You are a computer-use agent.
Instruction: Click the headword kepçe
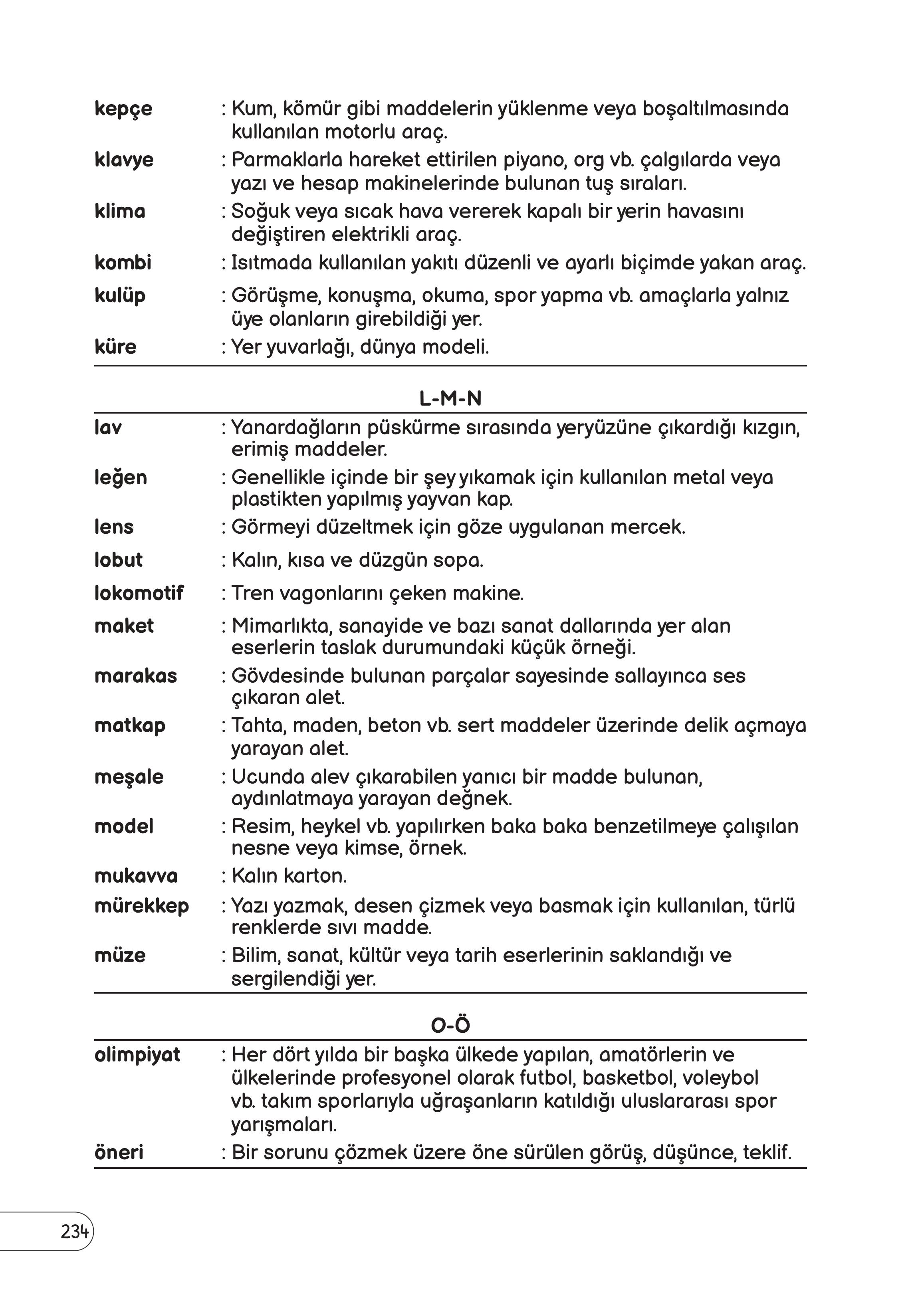tap(123, 109)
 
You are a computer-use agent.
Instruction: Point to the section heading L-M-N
tap(450, 399)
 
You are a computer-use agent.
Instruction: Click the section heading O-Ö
tap(450, 1026)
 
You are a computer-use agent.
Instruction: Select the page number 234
tap(74, 1232)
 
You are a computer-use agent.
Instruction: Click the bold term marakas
tap(135, 676)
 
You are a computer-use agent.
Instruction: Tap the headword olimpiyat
tap(137, 1055)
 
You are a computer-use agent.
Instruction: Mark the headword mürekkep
tap(142, 906)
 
